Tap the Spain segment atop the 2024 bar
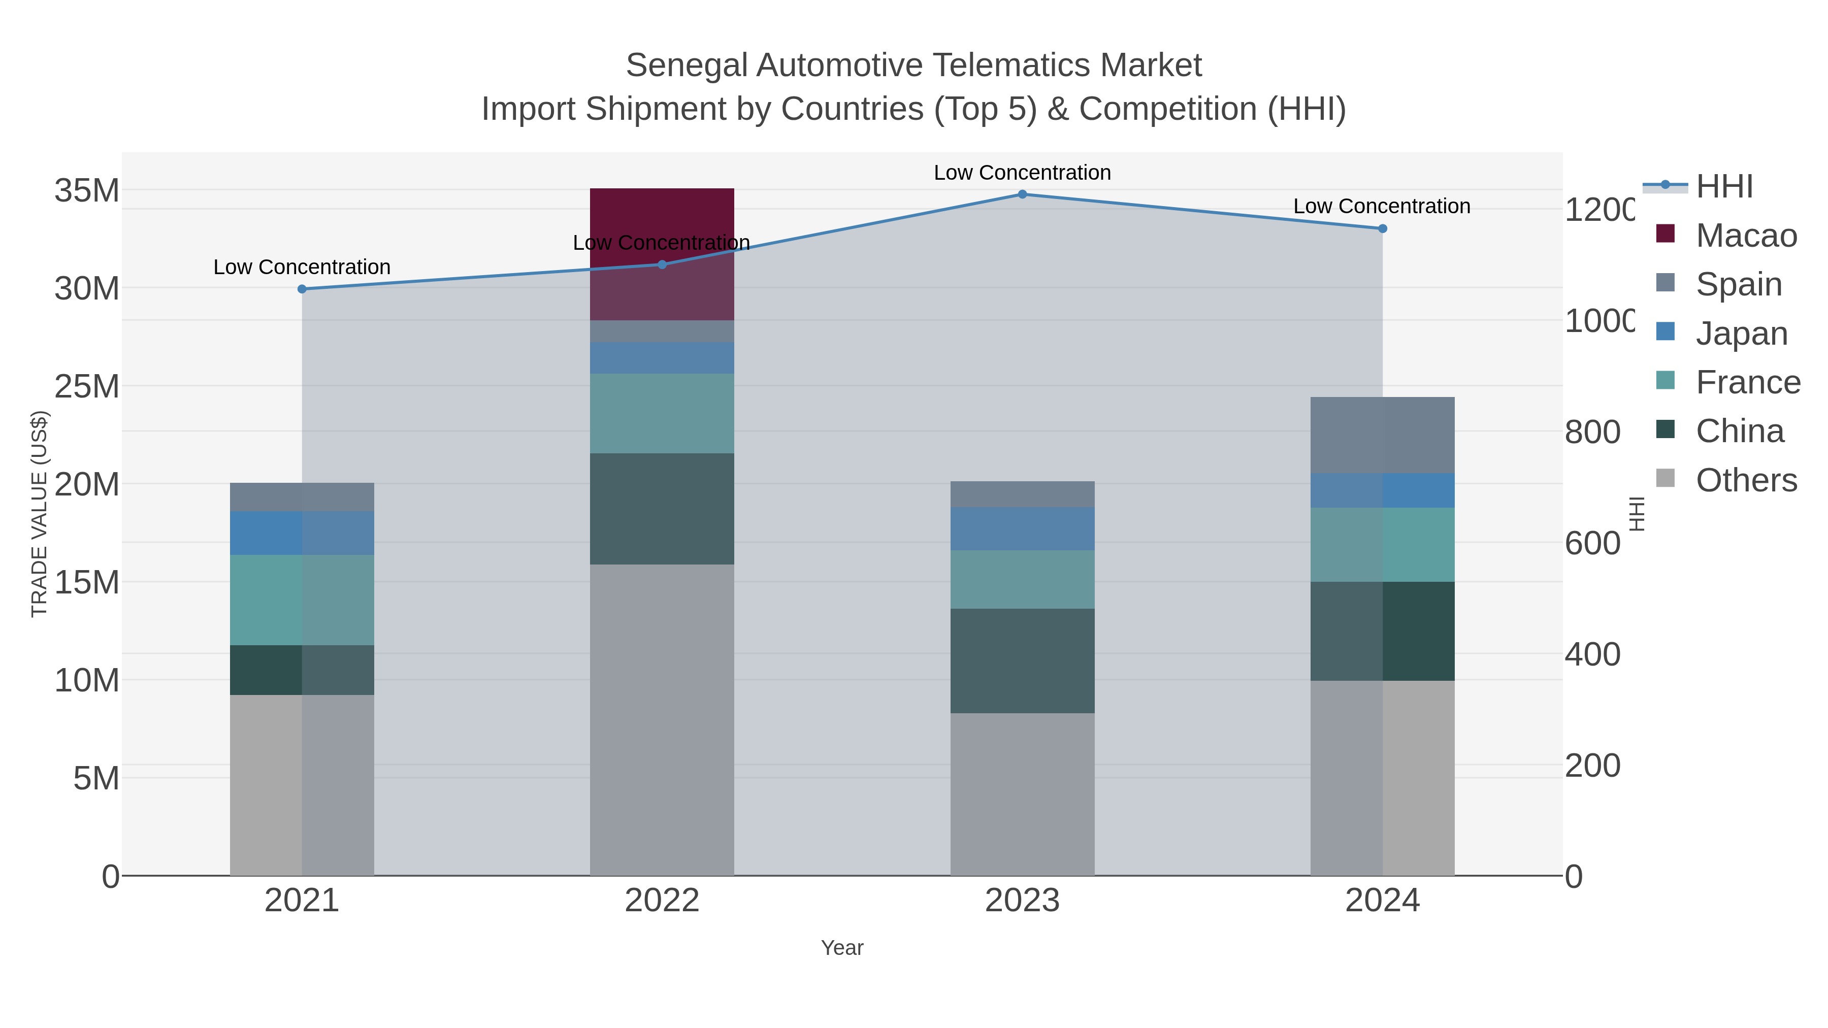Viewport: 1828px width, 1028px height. coord(1382,435)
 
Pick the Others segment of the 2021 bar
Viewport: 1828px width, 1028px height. coord(302,785)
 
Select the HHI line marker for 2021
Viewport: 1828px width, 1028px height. coord(302,289)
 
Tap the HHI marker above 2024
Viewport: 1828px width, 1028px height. coord(1382,228)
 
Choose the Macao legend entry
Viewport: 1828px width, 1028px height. coord(1746,236)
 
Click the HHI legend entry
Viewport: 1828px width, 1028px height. coord(1724,187)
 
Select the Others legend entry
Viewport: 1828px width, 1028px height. coord(1746,480)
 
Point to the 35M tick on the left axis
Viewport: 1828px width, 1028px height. coord(86,191)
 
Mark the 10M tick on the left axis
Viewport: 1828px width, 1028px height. coord(86,680)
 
